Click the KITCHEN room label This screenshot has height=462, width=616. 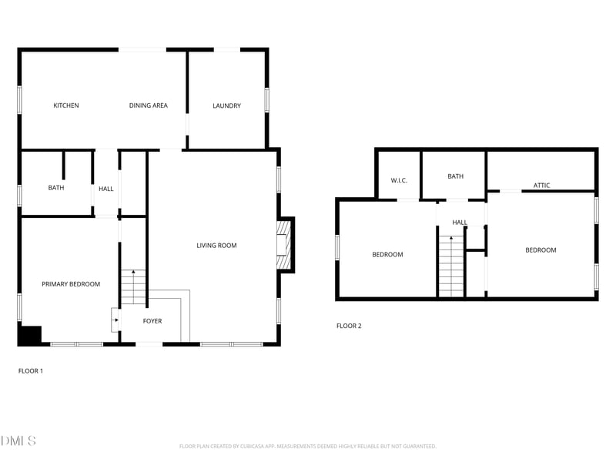66,105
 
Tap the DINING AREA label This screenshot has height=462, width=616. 149,105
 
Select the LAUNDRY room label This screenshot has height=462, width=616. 226,105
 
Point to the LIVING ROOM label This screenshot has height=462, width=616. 216,246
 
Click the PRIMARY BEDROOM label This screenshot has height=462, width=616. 71,284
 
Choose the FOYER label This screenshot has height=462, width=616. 152,320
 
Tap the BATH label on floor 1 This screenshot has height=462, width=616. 56,187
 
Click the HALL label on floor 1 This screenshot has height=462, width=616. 105,188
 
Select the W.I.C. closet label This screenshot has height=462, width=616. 399,180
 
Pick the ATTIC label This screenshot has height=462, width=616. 541,186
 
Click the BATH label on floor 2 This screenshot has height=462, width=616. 456,176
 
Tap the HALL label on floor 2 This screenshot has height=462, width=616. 460,223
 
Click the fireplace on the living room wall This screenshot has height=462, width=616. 285,246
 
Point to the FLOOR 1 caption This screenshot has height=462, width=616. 31,370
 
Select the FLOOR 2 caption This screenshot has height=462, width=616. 349,326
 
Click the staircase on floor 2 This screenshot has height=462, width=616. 450,267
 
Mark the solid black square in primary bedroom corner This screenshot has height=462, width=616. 30,336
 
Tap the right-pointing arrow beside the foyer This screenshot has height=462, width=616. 115,320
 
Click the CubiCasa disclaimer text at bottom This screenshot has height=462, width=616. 308,446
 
